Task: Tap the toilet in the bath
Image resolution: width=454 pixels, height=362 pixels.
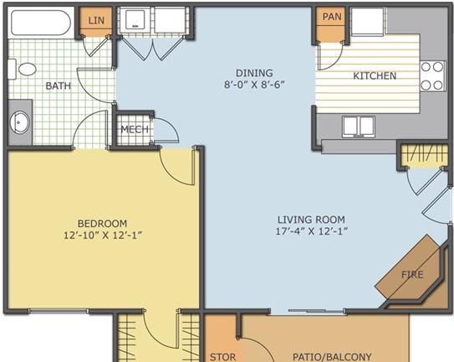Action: coord(23,69)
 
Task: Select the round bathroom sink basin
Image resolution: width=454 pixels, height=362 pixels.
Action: coord(20,122)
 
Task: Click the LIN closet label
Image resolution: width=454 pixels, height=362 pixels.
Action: coord(96,20)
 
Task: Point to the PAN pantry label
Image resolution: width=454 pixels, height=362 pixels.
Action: coord(332,17)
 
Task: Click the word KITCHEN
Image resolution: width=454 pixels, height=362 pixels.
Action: coord(375,75)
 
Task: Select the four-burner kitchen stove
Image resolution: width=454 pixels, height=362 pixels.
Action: coord(432,76)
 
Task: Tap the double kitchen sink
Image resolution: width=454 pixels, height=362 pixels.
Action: coord(359,127)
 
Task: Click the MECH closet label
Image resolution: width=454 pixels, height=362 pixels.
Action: coord(135,129)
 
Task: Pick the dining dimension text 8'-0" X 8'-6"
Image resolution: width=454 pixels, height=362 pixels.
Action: coord(254,85)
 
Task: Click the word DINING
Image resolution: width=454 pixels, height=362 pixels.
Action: coord(254,73)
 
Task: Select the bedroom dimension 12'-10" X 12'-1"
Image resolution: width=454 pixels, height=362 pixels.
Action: coord(103,235)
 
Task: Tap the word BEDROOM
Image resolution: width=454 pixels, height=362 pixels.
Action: coord(103,224)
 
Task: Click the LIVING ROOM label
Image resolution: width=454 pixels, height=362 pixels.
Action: coord(311,220)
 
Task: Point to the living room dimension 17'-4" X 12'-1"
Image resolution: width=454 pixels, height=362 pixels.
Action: coord(311,231)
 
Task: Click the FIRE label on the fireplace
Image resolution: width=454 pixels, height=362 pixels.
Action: coord(412,274)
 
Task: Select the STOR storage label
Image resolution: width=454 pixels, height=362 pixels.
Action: coord(222,357)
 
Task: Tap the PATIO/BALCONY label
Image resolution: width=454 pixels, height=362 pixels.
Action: coord(332,357)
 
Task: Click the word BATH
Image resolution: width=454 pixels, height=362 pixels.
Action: coord(59,86)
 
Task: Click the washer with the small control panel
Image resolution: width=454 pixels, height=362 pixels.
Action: coord(135,20)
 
